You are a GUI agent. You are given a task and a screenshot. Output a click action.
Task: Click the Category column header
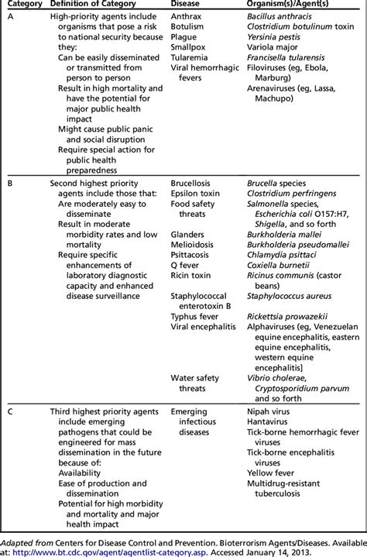pos(19,5)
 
